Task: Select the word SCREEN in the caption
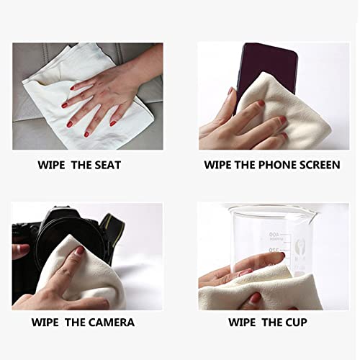click(318, 165)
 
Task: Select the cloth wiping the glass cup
click(288, 288)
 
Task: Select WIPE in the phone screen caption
click(220, 165)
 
